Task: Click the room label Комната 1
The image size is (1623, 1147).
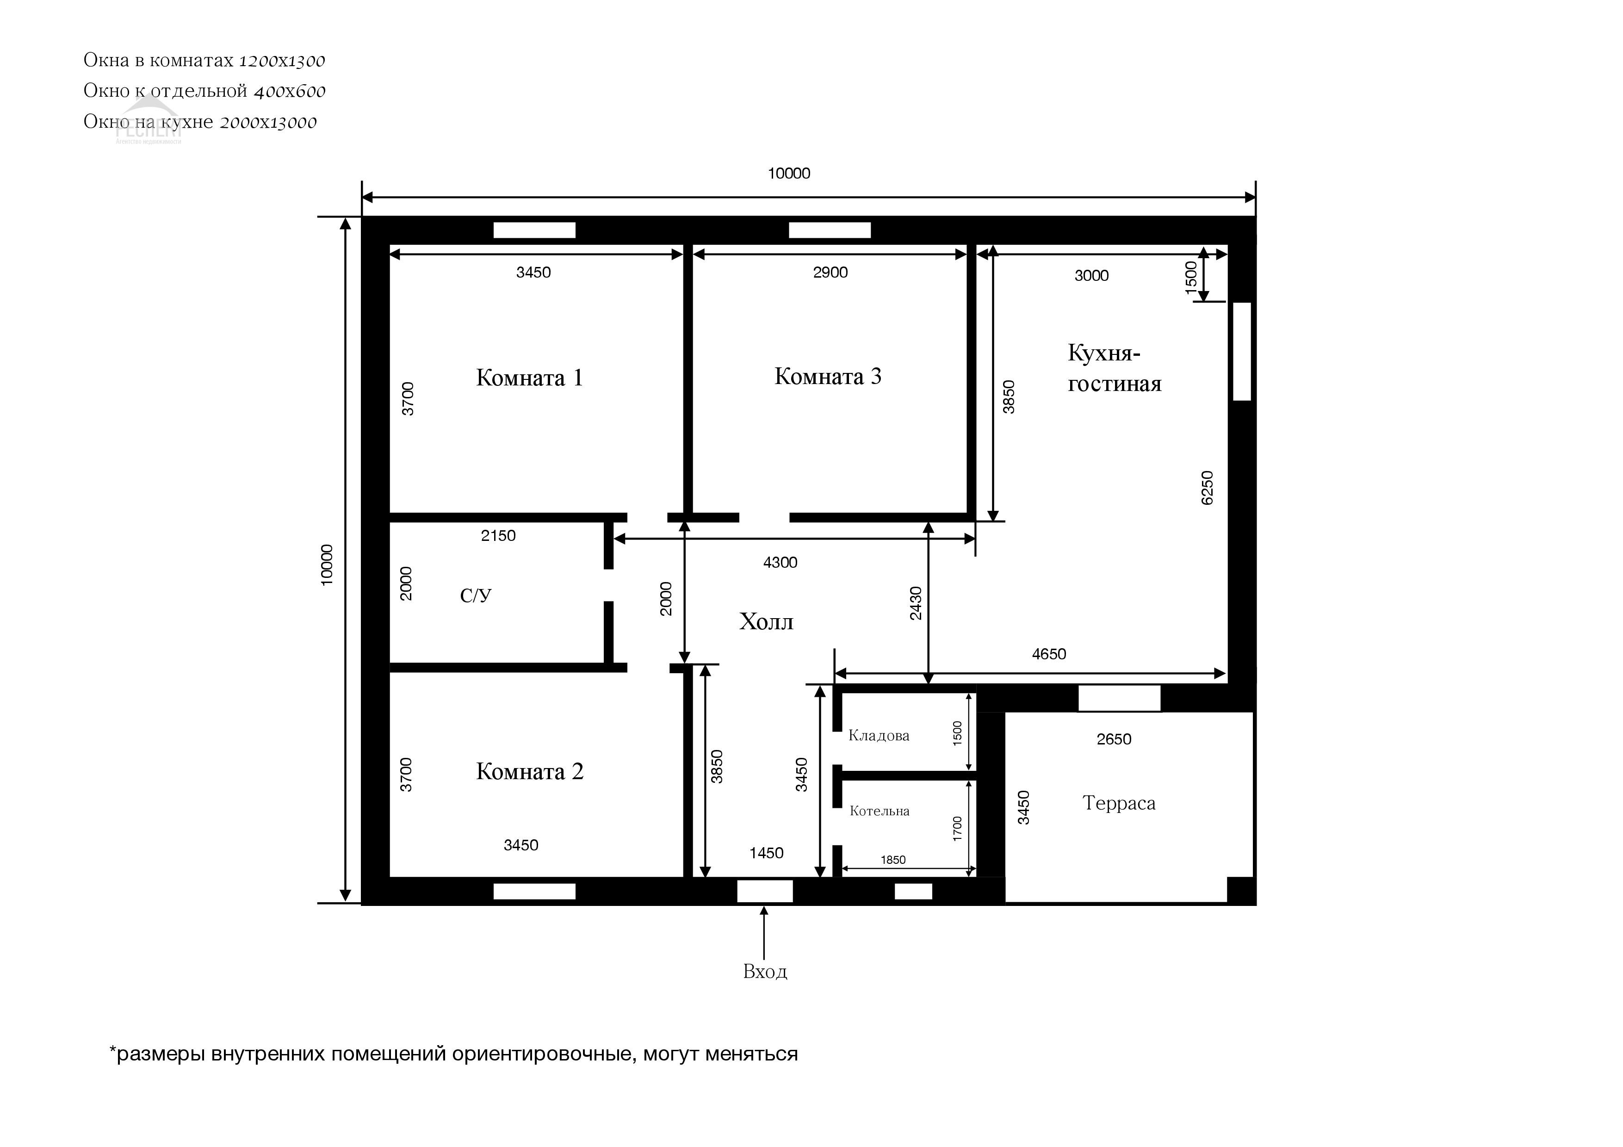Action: (529, 378)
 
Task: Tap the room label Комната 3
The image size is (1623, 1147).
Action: (828, 377)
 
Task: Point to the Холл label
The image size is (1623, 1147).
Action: (766, 622)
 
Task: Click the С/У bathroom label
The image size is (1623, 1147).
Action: (476, 596)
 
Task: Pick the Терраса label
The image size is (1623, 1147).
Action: (1119, 804)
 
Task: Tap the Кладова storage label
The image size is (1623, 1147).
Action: (879, 736)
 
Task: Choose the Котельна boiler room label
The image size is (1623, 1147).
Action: (880, 811)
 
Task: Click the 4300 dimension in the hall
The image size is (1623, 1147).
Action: (781, 563)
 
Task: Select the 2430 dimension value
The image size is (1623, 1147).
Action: (916, 603)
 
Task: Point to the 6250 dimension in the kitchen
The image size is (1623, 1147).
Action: (1208, 488)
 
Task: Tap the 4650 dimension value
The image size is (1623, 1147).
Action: (1049, 654)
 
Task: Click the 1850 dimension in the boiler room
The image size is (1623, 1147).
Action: (893, 860)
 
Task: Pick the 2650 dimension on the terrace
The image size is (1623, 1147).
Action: (1114, 739)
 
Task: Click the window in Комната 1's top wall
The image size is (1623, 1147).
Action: (534, 230)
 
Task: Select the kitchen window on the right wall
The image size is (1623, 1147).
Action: (1242, 351)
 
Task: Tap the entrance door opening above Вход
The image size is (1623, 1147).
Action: (765, 891)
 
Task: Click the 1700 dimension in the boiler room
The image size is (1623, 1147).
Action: (958, 828)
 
